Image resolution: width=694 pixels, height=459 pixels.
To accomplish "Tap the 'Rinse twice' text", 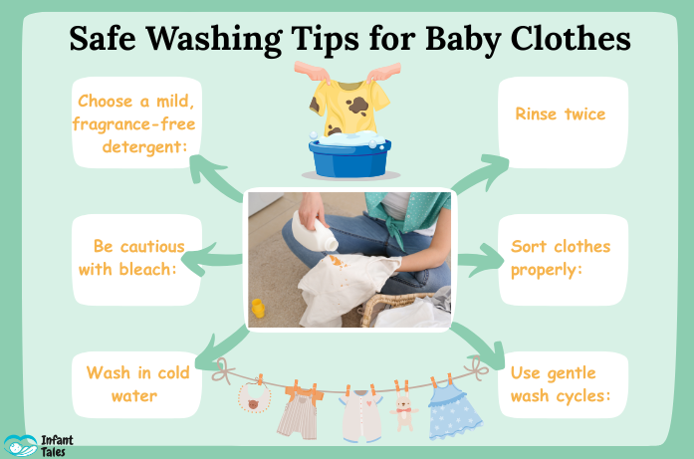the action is (x=560, y=115).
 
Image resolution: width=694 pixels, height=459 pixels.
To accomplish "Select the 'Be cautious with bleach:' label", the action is (x=131, y=258).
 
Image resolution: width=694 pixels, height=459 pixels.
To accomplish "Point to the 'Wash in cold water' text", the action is (x=137, y=383).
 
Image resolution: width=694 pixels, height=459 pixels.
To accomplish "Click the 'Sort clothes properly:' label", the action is (x=561, y=258).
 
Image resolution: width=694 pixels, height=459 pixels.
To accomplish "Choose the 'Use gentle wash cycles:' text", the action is (x=561, y=384).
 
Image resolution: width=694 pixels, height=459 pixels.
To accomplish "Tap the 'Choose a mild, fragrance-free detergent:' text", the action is (x=133, y=123).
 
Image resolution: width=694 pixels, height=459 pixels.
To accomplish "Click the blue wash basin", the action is (x=349, y=156).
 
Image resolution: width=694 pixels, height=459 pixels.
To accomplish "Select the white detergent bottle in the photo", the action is (x=315, y=231).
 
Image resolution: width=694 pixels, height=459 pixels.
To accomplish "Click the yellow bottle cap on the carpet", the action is (x=258, y=308).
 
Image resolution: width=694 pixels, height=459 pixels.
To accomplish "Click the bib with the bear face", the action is (x=254, y=397).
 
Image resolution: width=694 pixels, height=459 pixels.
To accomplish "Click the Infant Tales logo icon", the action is (x=20, y=446).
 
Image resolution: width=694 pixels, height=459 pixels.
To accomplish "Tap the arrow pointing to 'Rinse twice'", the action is (x=481, y=173).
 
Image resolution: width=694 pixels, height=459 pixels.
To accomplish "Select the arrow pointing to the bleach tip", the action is (x=211, y=260).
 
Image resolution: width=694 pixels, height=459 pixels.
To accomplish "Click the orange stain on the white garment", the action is (x=337, y=262).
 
